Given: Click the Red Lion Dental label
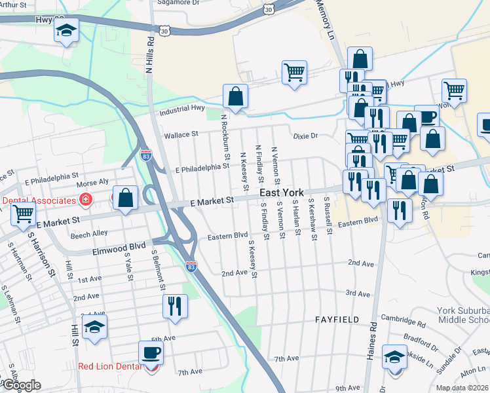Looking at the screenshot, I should [x=109, y=366].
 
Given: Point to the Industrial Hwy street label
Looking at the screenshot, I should [x=183, y=109].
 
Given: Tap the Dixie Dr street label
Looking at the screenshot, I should [x=305, y=136].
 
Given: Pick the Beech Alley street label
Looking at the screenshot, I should [x=89, y=233].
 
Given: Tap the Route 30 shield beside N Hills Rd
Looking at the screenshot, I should [x=164, y=30].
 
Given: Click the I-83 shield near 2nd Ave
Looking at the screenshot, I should [x=191, y=266].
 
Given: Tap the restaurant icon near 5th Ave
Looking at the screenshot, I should [x=175, y=306].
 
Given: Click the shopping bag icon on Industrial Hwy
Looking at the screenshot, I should [x=235, y=96].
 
